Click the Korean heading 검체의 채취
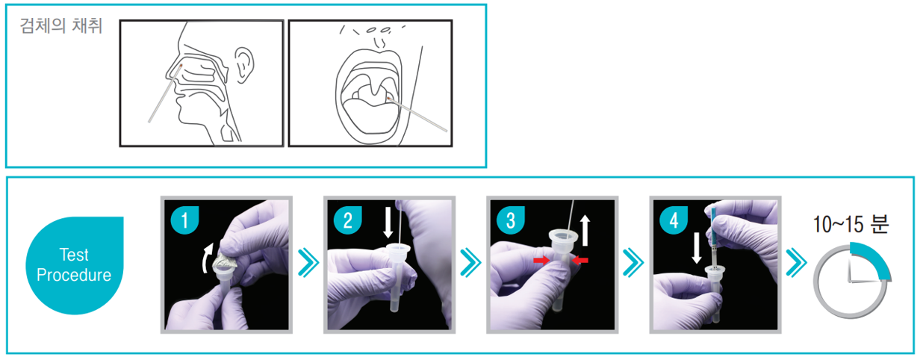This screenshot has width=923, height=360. click(61, 25)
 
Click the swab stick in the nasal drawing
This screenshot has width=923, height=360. click(165, 93)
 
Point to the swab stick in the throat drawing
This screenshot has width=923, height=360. click(417, 114)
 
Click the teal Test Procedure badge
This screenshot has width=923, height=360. click(75, 265)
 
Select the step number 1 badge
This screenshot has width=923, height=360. click(185, 220)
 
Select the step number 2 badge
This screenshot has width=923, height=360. click(348, 220)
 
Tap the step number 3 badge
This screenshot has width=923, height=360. click(511, 220)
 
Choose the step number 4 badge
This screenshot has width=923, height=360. click(674, 220)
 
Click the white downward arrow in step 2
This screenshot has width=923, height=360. click(388, 223)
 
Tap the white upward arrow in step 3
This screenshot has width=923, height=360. click(585, 231)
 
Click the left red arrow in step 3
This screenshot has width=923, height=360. click(541, 260)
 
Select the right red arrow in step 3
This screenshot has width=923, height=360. click(580, 260)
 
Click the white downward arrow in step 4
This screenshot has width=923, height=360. click(697, 248)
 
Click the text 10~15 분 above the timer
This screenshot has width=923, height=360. click(851, 225)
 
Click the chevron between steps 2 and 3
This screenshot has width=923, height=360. click(471, 262)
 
